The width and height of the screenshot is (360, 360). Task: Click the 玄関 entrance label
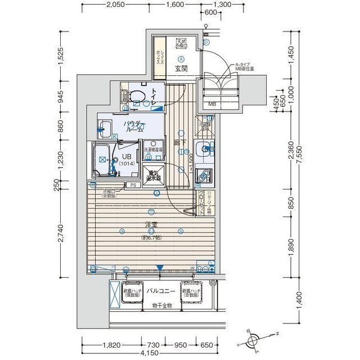pos(181,69)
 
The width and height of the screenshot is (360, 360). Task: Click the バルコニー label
pos(161,292)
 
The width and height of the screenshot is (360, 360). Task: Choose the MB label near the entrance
pos(212,104)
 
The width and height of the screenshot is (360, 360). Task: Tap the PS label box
pos(133,184)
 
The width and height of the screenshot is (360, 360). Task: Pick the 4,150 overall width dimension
pos(148,353)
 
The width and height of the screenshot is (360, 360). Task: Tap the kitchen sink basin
pos(205,149)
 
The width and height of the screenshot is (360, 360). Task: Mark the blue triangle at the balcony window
pos(160,268)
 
